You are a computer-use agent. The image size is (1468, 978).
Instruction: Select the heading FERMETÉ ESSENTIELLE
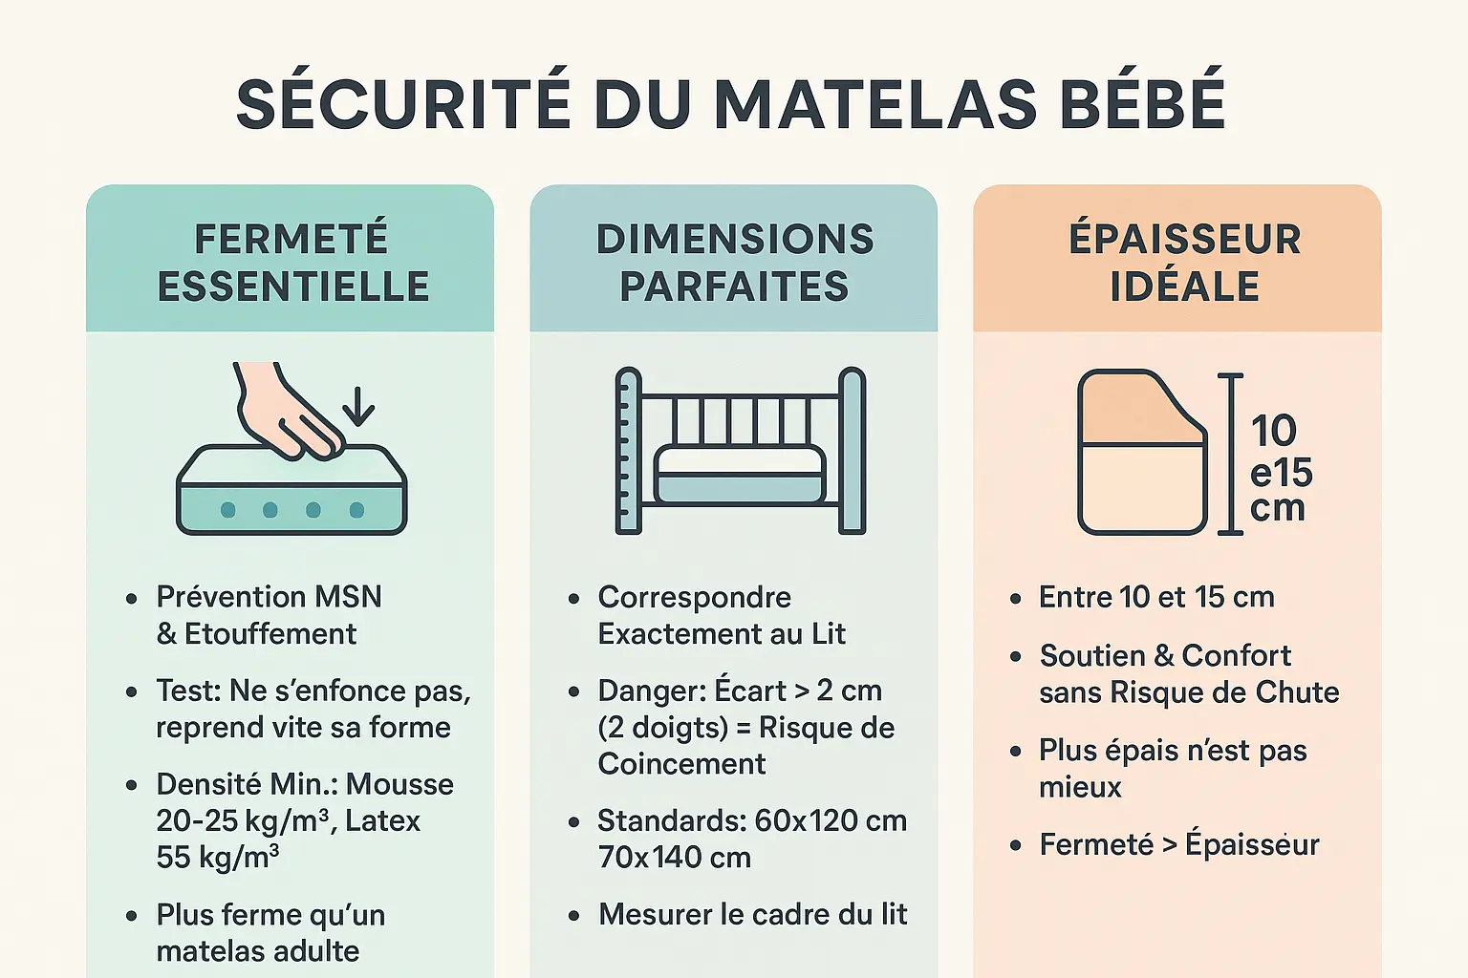291,263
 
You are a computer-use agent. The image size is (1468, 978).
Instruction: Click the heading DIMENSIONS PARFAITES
734,263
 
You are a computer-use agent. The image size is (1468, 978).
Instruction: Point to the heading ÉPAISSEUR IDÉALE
1184,263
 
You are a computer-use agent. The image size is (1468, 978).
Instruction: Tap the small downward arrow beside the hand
358,407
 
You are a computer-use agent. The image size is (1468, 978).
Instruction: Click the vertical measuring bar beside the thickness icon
1231,454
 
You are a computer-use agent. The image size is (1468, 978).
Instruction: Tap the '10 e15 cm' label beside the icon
1281,469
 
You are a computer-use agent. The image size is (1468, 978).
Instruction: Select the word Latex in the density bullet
382,820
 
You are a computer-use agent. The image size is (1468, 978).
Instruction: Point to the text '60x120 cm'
830,820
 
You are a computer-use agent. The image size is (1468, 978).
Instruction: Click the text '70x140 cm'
674,858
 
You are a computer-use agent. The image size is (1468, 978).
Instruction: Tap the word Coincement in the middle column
681,764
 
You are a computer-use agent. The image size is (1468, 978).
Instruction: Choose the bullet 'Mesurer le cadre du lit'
752,914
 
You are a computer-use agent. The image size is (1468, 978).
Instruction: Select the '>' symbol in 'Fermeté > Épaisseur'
1169,845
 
